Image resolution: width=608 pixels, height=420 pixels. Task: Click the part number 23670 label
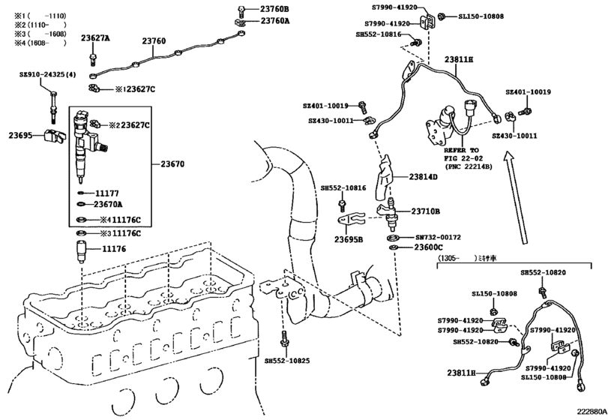(x=172, y=164)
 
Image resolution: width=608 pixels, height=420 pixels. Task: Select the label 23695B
(x=349, y=240)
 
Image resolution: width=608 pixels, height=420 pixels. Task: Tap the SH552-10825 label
(x=287, y=361)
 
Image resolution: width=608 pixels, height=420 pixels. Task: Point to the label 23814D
(x=423, y=177)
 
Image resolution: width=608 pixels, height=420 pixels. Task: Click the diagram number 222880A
(x=592, y=412)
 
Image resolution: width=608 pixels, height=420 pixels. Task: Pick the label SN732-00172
(x=438, y=237)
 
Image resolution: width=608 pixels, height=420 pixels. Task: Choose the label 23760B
(x=274, y=9)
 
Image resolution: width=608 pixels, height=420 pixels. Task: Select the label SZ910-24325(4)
(x=48, y=74)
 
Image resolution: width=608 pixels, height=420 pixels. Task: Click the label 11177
(x=107, y=193)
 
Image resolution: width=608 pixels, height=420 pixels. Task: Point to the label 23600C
(x=429, y=247)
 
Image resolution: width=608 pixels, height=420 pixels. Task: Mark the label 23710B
(x=425, y=211)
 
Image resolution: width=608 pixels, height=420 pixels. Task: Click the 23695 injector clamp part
(x=53, y=136)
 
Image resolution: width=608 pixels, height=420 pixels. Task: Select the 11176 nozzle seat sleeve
(x=81, y=252)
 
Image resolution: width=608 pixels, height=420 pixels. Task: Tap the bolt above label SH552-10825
(x=283, y=340)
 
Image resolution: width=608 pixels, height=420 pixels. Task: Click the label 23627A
(x=95, y=38)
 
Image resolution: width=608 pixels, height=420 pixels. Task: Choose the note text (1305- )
(x=457, y=258)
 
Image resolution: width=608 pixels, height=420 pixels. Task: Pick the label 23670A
(x=108, y=205)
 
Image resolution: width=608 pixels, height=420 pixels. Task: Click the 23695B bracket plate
(x=350, y=220)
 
